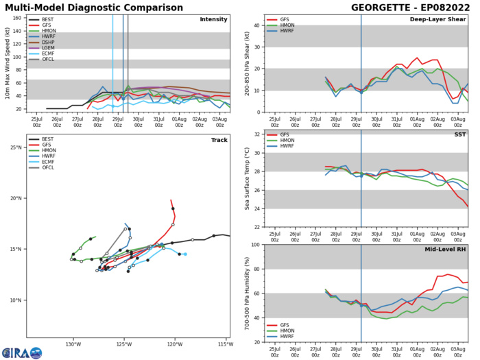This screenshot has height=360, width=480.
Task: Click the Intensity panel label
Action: pyautogui.click(x=213, y=19)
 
